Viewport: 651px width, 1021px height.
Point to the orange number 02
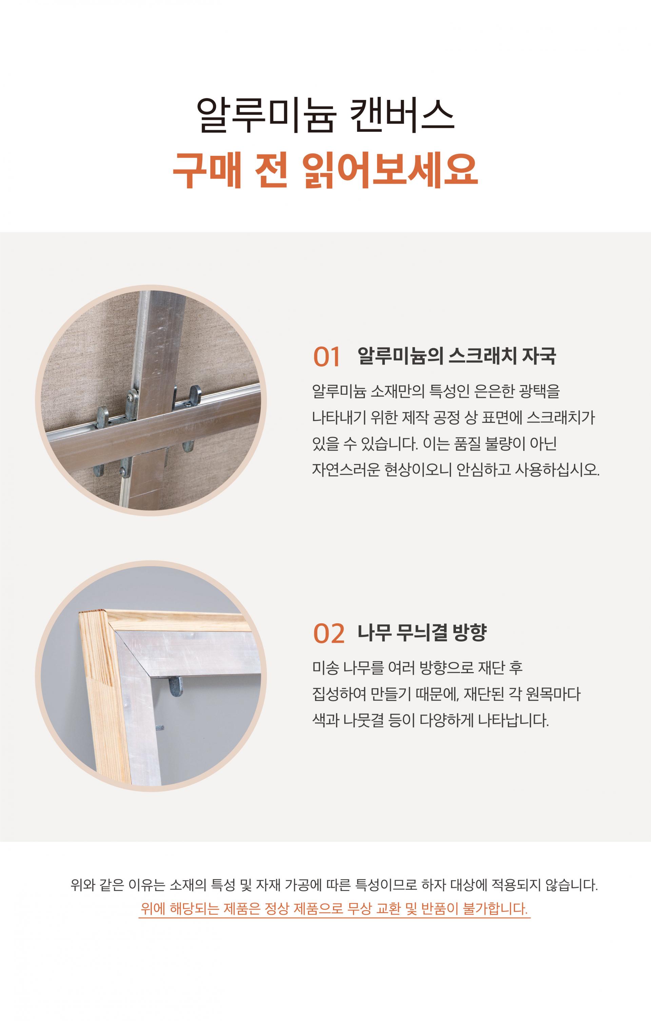[x=329, y=634]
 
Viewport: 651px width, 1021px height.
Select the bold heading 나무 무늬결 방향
[x=422, y=632]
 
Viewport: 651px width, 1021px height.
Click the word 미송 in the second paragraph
[x=325, y=668]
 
